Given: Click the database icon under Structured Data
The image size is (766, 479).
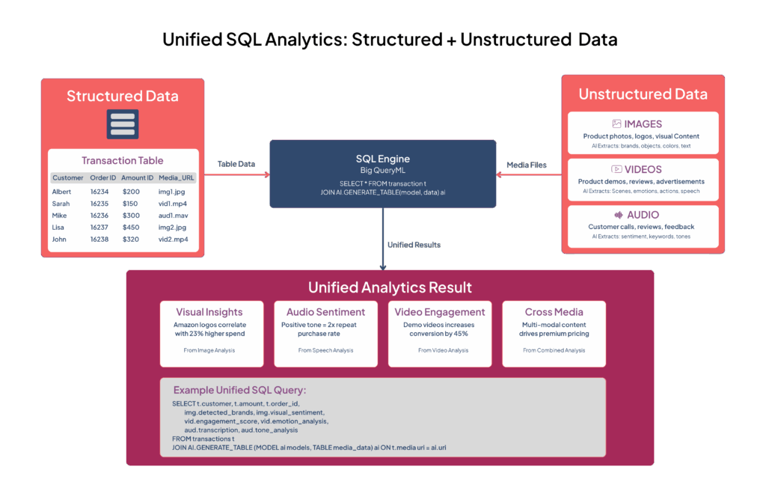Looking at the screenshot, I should point(122,125).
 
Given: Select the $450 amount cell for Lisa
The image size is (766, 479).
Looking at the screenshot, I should point(131,228).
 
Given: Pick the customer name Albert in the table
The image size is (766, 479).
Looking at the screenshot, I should point(61,192).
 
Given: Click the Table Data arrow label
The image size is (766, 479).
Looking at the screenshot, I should point(235,163).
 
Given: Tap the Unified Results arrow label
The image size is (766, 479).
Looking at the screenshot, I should point(414,245).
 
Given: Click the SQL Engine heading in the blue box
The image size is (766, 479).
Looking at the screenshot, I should point(382,159).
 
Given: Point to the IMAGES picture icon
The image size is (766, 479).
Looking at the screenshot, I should point(616,124).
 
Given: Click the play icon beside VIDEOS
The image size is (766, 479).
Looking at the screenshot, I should point(616,170).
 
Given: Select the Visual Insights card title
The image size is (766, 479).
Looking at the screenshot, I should point(211,312).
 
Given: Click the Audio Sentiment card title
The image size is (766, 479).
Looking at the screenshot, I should point(325,312).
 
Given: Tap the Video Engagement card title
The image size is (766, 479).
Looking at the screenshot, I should point(440,312).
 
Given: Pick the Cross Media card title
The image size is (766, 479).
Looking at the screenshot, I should point(554,312).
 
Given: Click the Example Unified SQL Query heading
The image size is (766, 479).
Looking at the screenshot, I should point(239,390).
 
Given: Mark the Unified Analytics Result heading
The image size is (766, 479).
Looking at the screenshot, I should point(390,287).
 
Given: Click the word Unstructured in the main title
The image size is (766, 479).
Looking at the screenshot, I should point(515,40).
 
